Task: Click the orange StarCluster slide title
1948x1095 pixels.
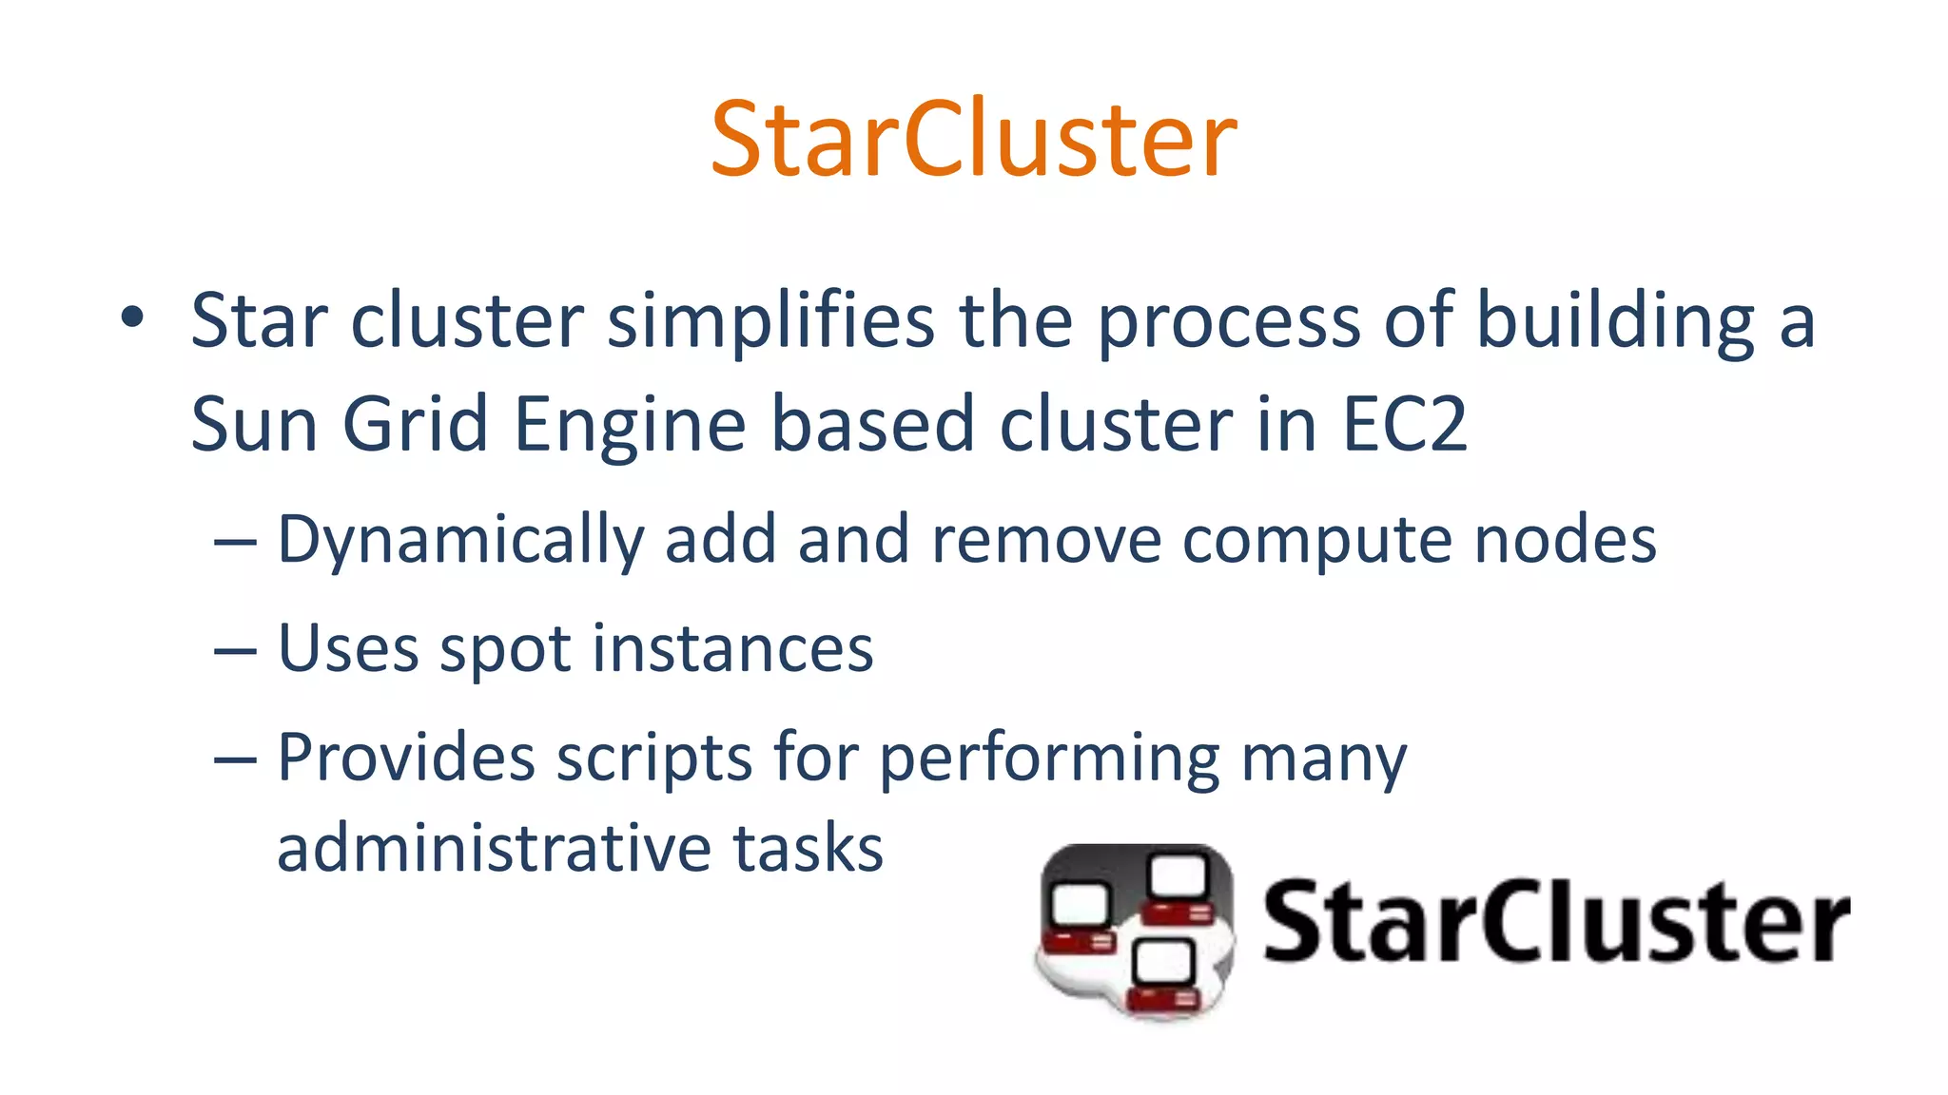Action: pyautogui.click(x=973, y=140)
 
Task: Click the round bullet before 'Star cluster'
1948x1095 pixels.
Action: pyautogui.click(x=132, y=318)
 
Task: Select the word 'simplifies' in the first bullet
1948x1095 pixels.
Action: pyautogui.click(x=770, y=320)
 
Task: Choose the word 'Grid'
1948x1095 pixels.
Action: pyautogui.click(x=416, y=424)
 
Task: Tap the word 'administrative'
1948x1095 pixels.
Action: pyautogui.click(x=493, y=848)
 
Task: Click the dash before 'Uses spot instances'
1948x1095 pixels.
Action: pyautogui.click(x=235, y=652)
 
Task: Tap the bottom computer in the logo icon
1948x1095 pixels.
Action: pyautogui.click(x=1164, y=974)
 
